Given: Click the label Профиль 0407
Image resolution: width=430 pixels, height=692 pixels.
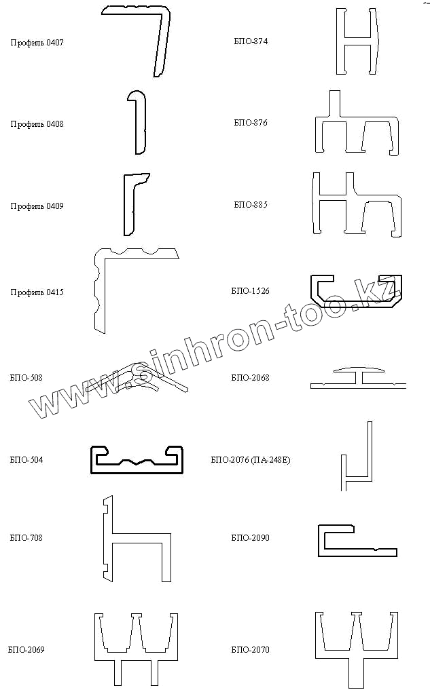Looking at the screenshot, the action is point(37,43).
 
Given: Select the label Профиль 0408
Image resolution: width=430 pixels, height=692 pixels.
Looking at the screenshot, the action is point(37,124).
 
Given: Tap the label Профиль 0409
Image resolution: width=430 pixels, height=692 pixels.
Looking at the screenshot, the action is point(37,206).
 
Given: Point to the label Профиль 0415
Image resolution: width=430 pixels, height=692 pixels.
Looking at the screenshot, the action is point(37,292).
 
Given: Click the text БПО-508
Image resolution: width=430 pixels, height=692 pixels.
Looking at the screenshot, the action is point(26,378).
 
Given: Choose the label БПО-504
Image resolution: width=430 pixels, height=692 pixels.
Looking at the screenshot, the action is point(26,460).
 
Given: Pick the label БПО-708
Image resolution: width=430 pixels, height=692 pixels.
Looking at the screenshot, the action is point(26,538).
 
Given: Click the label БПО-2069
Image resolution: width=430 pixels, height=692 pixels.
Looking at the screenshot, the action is point(26,650).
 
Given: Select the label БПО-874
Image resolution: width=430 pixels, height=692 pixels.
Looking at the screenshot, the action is point(250,41).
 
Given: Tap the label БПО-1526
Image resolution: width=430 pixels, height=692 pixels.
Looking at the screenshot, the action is point(250,291).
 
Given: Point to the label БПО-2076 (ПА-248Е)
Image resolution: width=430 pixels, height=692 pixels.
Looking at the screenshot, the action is point(251,460).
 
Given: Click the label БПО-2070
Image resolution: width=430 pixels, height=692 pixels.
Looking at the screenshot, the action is point(250,650).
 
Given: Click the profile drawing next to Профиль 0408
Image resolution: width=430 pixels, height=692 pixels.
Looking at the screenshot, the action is point(138,123).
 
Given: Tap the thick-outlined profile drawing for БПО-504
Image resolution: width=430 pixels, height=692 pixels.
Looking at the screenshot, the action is point(137,459).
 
